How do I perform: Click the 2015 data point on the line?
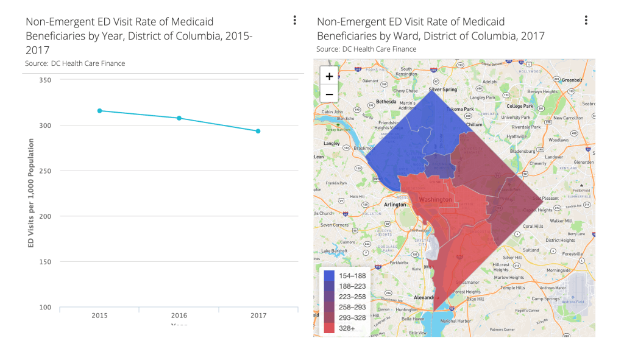(100, 111)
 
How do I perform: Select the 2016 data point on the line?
(179, 118)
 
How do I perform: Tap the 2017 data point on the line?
(258, 131)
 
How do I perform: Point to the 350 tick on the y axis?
(45, 80)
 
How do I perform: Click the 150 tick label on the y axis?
(45, 262)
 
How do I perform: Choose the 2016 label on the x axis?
(179, 316)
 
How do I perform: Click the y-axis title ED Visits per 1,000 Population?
(30, 193)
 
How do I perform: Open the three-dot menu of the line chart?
(295, 21)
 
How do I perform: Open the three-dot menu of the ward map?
(586, 21)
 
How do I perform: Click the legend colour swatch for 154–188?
(329, 276)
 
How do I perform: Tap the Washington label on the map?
(436, 200)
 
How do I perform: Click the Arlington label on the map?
(395, 205)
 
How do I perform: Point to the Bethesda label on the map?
(386, 102)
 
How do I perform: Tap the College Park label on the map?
(520, 106)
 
